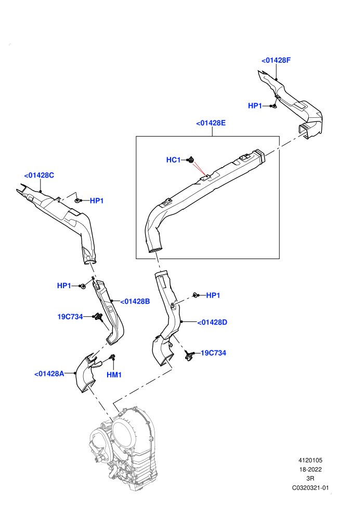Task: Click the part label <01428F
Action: [x=276, y=60]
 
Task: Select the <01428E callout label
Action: [x=211, y=123]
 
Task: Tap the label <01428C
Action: [x=39, y=175]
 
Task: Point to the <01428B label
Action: [x=135, y=301]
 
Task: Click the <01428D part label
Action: [x=212, y=322]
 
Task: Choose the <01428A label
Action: [x=49, y=374]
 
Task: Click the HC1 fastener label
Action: [x=173, y=160]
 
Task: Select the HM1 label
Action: [x=114, y=375]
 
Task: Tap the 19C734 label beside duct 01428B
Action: [x=70, y=317]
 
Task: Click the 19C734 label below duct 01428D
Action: [x=213, y=353]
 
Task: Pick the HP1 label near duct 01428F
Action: [x=255, y=105]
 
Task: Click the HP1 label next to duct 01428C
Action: [x=97, y=200]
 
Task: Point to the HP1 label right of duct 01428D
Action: [x=213, y=295]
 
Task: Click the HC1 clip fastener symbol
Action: [x=191, y=159]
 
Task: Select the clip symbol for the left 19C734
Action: [x=97, y=317]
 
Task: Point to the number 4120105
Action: [x=310, y=460]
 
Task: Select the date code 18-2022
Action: [x=310, y=469]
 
